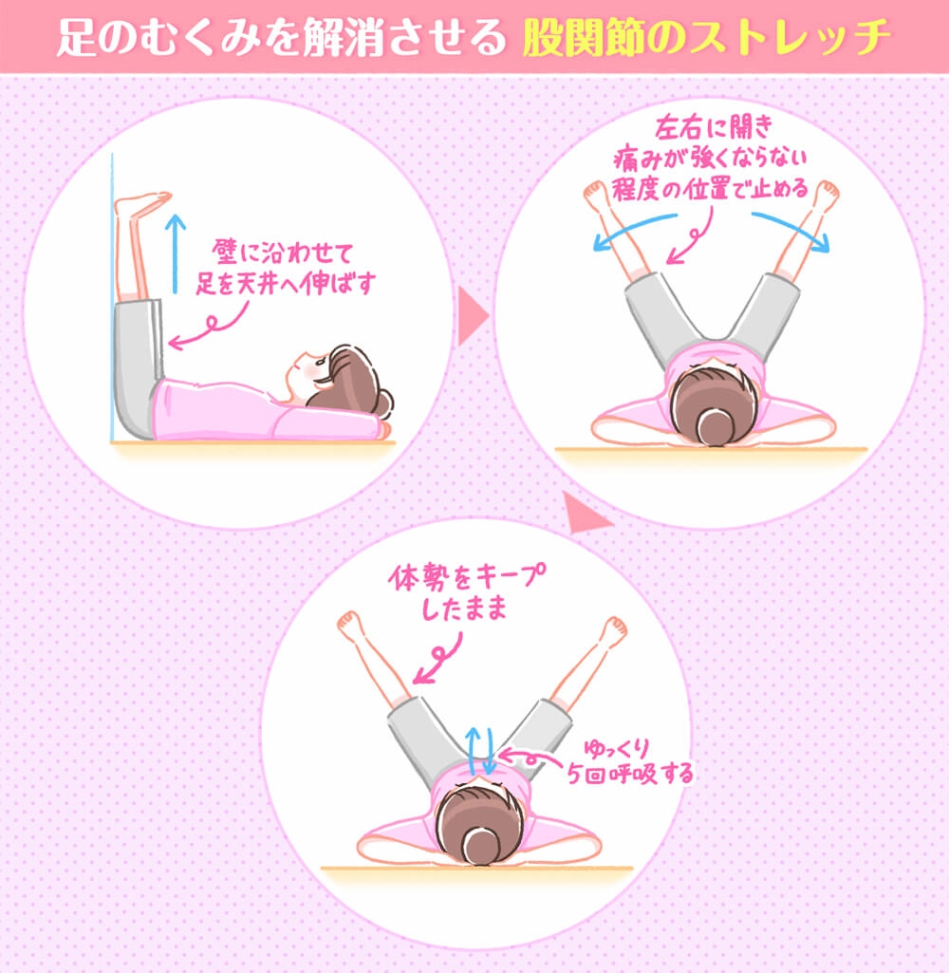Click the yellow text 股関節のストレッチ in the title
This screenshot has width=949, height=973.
(x=706, y=37)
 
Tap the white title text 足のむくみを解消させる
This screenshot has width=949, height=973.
(x=281, y=37)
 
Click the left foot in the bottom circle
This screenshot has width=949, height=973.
(x=350, y=626)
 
